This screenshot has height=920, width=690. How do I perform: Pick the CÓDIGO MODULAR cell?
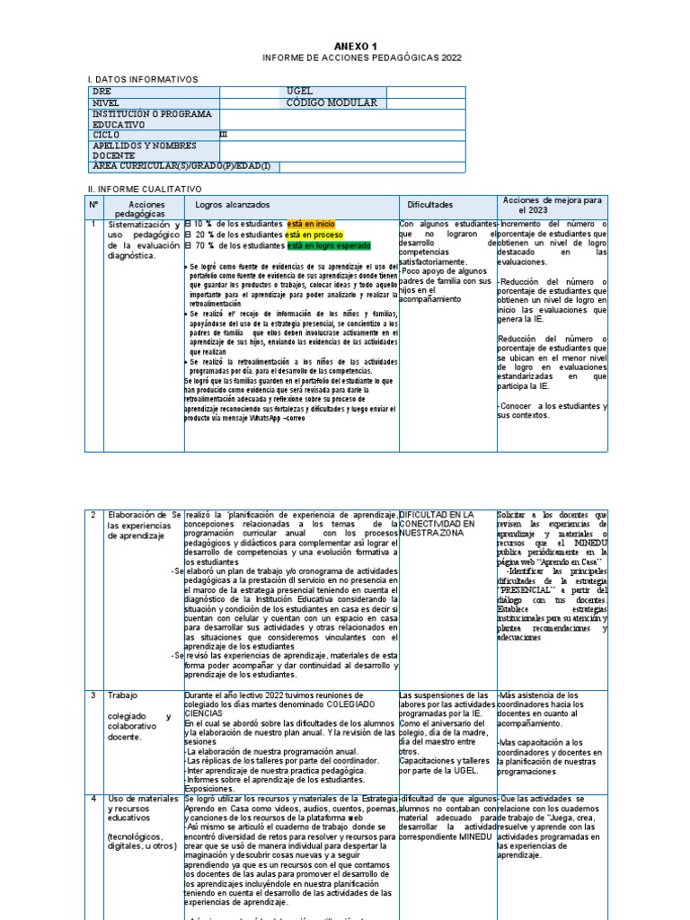332,102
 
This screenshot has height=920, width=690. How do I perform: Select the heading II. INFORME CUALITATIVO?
144,190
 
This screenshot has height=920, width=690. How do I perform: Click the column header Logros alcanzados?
233,206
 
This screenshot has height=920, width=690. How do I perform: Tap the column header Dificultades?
430,206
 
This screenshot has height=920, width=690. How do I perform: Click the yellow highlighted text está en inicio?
313,224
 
